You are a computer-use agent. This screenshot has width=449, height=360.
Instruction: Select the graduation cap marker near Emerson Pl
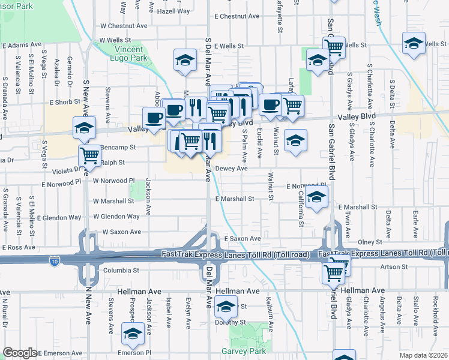[x=133, y=334]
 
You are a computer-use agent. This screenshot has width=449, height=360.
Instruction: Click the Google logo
[x=20, y=353]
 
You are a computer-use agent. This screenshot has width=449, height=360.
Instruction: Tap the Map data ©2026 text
[x=424, y=355]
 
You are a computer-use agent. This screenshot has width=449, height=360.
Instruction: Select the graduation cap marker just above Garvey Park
[x=226, y=307]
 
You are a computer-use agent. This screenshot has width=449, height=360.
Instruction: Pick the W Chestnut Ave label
[x=124, y=26]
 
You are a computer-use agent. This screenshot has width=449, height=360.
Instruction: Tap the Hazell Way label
[x=173, y=11]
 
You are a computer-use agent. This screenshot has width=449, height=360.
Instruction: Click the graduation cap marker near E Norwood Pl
[x=316, y=196]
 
